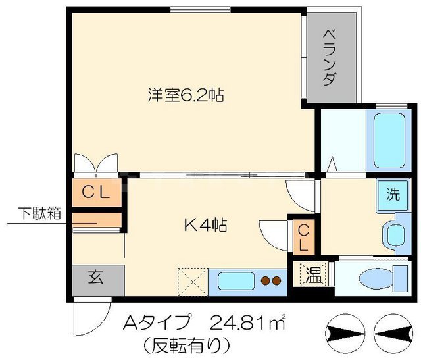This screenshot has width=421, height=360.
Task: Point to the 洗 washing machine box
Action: pos(392,195)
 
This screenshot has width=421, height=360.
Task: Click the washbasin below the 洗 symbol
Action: pos(395,234)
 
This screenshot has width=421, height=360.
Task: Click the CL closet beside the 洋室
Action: pos(97,192)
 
